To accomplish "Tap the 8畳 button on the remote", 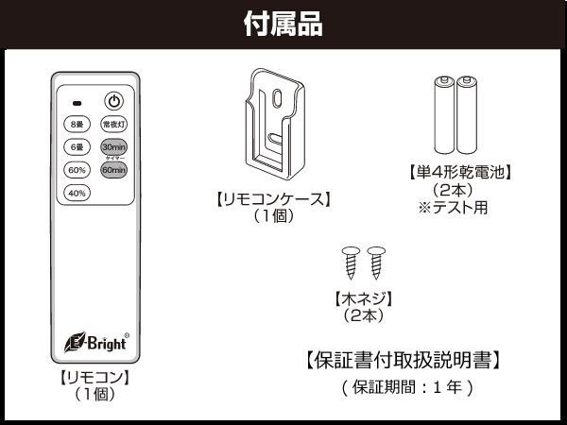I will click(x=76, y=124).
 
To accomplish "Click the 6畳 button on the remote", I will click(x=76, y=147).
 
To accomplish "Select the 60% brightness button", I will click(x=76, y=170).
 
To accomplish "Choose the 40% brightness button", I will click(x=76, y=194).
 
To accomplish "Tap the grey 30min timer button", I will click(x=113, y=147).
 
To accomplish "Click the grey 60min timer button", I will click(x=113, y=171).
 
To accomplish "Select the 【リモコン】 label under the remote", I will click(x=94, y=378).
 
